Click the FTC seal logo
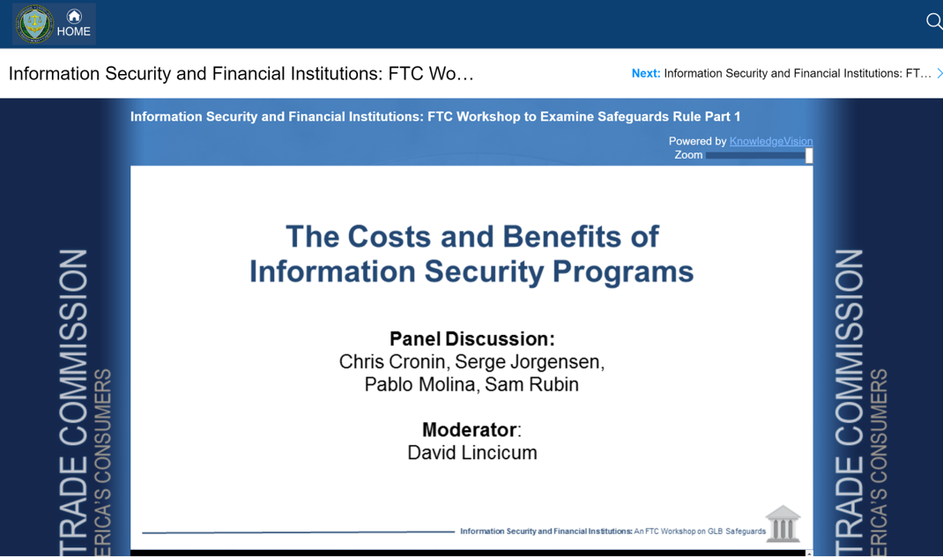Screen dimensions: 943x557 click(x=34, y=24)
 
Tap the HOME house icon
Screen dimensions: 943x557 click(x=74, y=16)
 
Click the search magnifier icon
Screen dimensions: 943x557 click(x=934, y=22)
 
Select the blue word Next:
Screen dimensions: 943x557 click(x=646, y=73)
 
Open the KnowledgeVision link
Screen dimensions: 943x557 click(x=771, y=141)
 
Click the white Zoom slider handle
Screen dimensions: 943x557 click(x=809, y=156)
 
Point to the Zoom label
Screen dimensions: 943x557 click(x=688, y=155)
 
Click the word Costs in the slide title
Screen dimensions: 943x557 click(x=390, y=236)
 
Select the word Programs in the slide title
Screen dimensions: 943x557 click(x=623, y=271)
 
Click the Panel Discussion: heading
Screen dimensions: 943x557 click(x=472, y=338)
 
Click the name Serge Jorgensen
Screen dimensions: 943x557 click(x=530, y=362)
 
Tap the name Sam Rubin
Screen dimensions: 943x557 click(x=531, y=384)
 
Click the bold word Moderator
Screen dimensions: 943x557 click(x=469, y=430)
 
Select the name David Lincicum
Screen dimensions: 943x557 click(x=472, y=453)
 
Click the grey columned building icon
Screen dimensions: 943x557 click(x=783, y=524)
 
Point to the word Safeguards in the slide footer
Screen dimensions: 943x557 click(x=746, y=531)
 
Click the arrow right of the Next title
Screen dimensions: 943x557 click(x=939, y=73)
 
